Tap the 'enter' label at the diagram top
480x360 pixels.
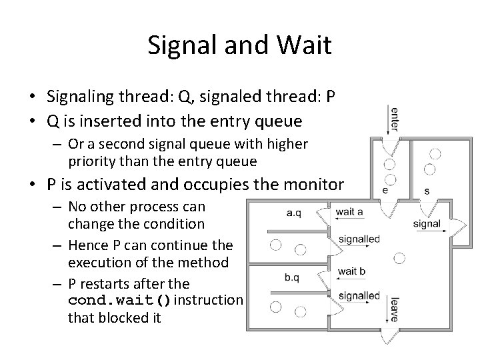(395, 119)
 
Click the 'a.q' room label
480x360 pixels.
(293, 213)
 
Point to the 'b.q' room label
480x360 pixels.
(293, 277)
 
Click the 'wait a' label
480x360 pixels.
(349, 212)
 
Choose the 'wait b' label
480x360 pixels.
(351, 271)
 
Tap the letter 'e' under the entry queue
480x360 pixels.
(385, 190)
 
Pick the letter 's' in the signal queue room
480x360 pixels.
(427, 191)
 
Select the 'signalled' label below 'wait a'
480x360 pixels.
(359, 239)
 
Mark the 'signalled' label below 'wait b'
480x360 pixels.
(359, 295)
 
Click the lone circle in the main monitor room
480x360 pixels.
(399, 257)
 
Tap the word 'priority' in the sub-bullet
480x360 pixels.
(89, 161)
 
